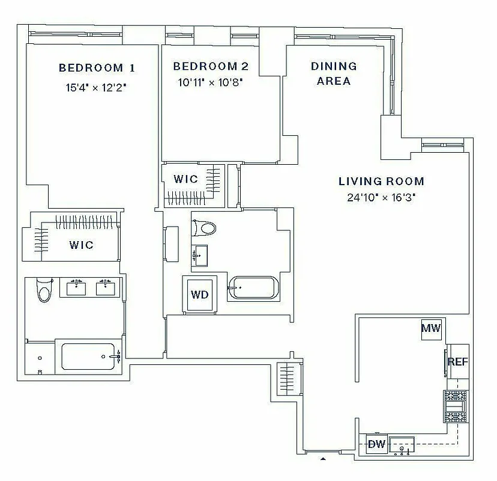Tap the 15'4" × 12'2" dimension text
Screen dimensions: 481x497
[x=96, y=87]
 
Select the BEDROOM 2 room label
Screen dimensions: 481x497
[x=211, y=66]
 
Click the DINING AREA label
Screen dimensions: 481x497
[x=334, y=73]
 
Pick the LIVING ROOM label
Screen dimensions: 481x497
[x=381, y=181]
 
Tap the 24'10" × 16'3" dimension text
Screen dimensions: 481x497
[x=381, y=197]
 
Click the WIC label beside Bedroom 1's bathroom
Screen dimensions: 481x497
[x=81, y=245]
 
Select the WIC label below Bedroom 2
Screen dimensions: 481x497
[x=185, y=179]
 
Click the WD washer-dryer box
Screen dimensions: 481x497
[x=200, y=295]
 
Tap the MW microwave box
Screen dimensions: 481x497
[x=431, y=328]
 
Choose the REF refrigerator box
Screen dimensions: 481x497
[x=457, y=362]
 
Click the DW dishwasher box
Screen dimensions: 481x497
[x=376, y=444]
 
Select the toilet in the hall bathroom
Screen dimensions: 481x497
[x=203, y=228]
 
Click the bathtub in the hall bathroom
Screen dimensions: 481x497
[x=252, y=288]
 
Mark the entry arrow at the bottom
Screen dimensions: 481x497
[x=323, y=459]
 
